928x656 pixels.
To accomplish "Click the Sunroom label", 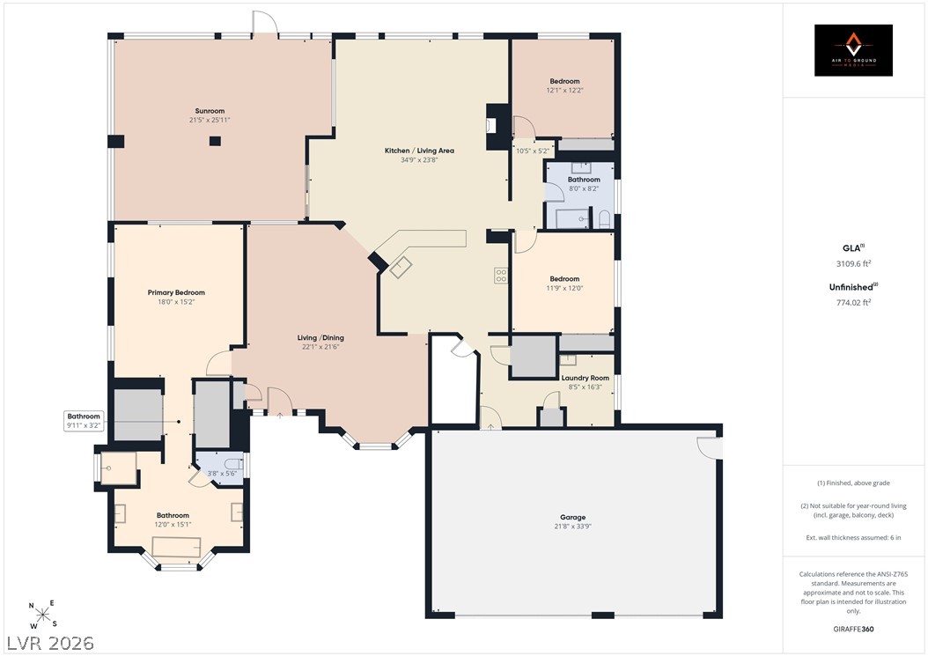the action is tap(210, 111).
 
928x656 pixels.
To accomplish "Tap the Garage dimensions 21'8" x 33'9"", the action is tap(573, 527).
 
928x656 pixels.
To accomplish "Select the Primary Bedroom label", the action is tap(176, 292).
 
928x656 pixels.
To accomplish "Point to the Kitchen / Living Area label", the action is tap(419, 151).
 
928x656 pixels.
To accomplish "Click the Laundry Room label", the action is tap(585, 378).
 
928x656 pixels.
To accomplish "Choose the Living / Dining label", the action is tap(320, 337).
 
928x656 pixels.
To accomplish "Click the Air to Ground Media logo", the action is tap(853, 50).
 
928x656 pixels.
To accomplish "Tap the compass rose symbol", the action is tap(42, 615).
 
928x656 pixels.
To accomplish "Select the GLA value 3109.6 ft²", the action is tap(853, 264).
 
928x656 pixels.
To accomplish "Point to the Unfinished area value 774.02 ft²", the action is tap(853, 303).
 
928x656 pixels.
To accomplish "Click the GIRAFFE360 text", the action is tap(853, 629).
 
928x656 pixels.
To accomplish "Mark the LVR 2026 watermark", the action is tap(50, 643).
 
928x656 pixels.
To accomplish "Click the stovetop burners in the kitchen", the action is tap(501, 276).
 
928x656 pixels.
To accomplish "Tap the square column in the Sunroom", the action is tap(215, 141).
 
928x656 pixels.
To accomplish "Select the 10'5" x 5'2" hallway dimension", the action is tap(533, 151).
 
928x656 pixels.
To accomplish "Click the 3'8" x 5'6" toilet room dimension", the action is tap(222, 474).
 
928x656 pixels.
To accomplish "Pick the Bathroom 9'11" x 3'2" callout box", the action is tap(84, 420).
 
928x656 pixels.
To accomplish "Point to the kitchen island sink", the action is tap(401, 267).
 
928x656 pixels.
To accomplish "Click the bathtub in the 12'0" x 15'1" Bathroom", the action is tap(176, 547).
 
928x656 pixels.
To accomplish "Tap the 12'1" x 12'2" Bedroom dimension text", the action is tap(564, 91).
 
